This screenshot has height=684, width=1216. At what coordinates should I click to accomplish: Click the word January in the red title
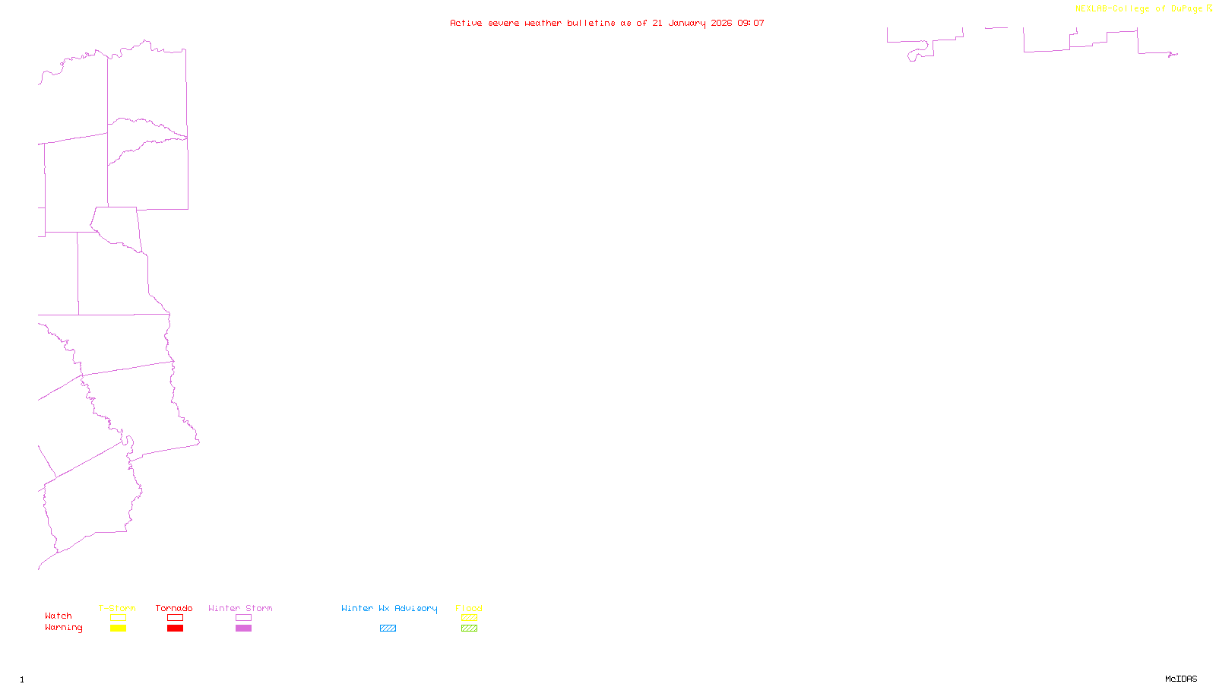pyautogui.click(x=687, y=23)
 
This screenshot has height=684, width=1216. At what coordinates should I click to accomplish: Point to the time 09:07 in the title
pyautogui.click(x=751, y=23)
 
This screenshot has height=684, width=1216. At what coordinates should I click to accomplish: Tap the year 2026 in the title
pyautogui.click(x=721, y=23)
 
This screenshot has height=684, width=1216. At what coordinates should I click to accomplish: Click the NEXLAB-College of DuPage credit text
pyautogui.click(x=1139, y=8)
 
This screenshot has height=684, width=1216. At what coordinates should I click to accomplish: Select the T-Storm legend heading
pyautogui.click(x=117, y=608)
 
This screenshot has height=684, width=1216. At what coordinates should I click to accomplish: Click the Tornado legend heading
pyautogui.click(x=174, y=608)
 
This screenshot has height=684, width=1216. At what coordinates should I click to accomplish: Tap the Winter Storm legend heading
pyautogui.click(x=240, y=608)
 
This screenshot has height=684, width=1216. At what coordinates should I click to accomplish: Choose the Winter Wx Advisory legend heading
pyautogui.click(x=389, y=608)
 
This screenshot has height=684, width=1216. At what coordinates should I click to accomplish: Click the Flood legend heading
pyautogui.click(x=469, y=608)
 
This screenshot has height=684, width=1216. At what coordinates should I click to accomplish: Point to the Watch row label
pyautogui.click(x=59, y=616)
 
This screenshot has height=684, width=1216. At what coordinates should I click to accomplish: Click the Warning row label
pyautogui.click(x=64, y=628)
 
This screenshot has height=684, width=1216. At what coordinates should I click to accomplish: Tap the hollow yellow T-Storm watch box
pyautogui.click(x=118, y=618)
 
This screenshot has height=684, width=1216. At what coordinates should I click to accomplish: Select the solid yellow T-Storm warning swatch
pyautogui.click(x=118, y=629)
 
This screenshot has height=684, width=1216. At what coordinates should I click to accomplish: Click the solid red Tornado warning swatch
pyautogui.click(x=175, y=629)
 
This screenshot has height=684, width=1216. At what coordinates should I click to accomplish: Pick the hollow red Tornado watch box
pyautogui.click(x=175, y=618)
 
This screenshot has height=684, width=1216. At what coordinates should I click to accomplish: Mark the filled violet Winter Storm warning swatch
pyautogui.click(x=243, y=629)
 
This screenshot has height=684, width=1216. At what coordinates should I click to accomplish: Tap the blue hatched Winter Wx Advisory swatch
pyautogui.click(x=388, y=629)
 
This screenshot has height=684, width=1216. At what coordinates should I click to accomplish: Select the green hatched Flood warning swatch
pyautogui.click(x=469, y=629)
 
